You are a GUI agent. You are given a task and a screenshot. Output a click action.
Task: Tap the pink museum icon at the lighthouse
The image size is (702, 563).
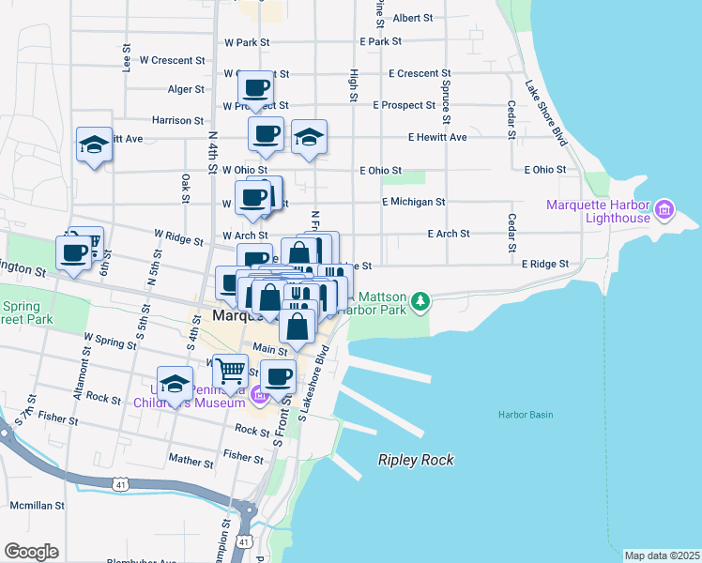click(x=665, y=207)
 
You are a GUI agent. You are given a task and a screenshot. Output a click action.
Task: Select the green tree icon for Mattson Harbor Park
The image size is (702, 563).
click(x=421, y=300)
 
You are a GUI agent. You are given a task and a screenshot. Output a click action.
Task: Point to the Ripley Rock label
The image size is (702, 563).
click(x=416, y=460)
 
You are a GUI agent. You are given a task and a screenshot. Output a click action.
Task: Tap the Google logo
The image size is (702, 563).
click(x=31, y=552)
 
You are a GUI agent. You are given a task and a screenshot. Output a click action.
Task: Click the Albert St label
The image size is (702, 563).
click(x=413, y=18)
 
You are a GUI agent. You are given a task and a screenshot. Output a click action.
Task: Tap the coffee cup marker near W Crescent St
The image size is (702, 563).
click(x=256, y=88)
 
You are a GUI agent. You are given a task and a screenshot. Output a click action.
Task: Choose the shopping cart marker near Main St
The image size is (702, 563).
click(x=229, y=371)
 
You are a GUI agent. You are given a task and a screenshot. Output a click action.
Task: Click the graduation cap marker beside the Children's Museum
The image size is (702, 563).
click(x=175, y=384)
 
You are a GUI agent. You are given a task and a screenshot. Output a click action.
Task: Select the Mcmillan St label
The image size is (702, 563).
click(x=37, y=505)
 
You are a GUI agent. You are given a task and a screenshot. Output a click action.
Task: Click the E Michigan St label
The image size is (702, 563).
click(x=413, y=202)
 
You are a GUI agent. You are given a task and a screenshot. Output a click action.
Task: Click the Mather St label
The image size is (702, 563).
click(x=191, y=461)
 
